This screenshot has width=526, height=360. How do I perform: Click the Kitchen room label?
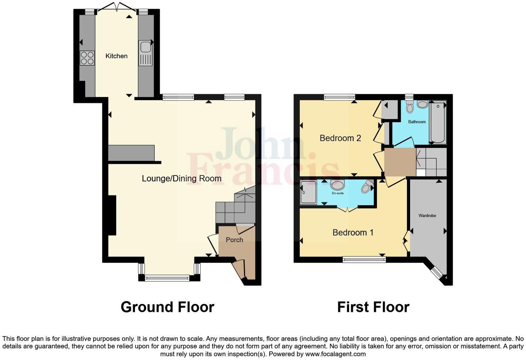[116, 56]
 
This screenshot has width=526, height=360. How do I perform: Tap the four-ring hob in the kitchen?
[87, 58]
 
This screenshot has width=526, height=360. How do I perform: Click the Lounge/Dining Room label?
[181, 179]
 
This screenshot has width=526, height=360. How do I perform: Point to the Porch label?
[234, 240]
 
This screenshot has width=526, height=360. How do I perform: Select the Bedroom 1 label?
[353, 233]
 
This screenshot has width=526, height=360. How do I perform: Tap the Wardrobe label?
[427, 216]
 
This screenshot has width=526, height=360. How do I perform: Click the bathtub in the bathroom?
[437, 122]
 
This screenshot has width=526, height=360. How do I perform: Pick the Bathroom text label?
[417, 122]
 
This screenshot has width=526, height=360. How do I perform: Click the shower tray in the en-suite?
[308, 192]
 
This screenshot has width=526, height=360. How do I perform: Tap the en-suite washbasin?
[337, 185]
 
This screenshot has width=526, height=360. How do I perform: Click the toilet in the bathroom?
[410, 107]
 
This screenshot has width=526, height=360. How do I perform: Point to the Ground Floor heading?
[167, 307]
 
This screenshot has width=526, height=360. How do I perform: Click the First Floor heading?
[373, 307]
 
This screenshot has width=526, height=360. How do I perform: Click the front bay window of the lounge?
[167, 277]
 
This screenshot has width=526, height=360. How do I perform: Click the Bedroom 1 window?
[364, 259]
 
